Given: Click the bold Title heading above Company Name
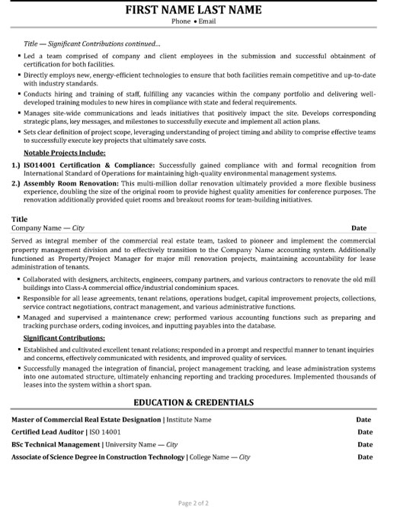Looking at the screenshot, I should [x=20, y=218].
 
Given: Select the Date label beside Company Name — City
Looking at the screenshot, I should [x=359, y=228].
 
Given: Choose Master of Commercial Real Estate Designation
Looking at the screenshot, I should [x=86, y=420].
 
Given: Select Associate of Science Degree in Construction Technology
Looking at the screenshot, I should [x=98, y=456].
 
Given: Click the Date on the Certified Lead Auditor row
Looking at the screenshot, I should [x=364, y=432].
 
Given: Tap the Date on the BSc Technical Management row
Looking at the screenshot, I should [x=364, y=444].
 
